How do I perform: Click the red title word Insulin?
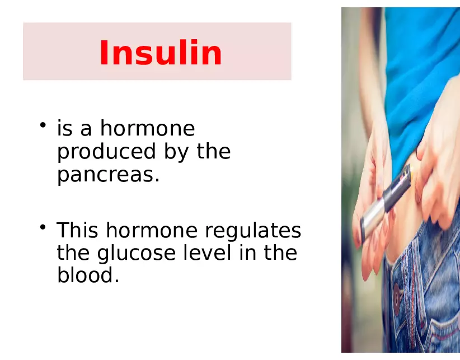point(161,54)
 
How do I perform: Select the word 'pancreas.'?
point(109,175)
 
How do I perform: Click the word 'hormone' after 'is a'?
point(147,129)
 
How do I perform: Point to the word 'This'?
point(77,230)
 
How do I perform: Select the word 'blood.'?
point(88,275)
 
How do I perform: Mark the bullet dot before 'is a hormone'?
point(43,124)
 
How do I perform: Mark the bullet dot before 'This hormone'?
point(43,226)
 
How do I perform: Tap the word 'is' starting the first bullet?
point(65,129)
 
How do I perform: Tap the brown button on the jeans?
point(398,294)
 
